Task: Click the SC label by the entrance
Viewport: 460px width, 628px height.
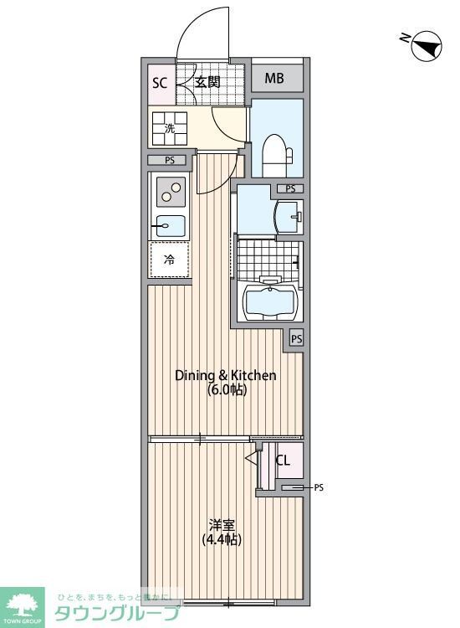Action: click(159, 82)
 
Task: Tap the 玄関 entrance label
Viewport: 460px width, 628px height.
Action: click(207, 82)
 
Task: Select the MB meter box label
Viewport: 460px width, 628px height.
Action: click(274, 80)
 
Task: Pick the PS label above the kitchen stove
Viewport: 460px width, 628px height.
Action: click(170, 161)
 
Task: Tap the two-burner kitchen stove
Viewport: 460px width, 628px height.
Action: click(170, 193)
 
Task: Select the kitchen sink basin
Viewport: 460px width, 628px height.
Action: click(171, 224)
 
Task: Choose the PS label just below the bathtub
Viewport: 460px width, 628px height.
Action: click(297, 339)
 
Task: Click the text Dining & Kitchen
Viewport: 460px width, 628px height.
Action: click(225, 375)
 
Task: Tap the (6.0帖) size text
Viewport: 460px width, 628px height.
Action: click(226, 390)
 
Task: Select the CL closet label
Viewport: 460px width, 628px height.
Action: click(283, 460)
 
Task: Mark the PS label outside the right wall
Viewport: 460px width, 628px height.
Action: click(318, 487)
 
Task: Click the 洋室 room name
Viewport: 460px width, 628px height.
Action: click(221, 525)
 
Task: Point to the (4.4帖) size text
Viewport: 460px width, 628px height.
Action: click(222, 540)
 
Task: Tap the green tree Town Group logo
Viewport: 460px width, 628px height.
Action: click(23, 605)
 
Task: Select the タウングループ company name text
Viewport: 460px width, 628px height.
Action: click(117, 614)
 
